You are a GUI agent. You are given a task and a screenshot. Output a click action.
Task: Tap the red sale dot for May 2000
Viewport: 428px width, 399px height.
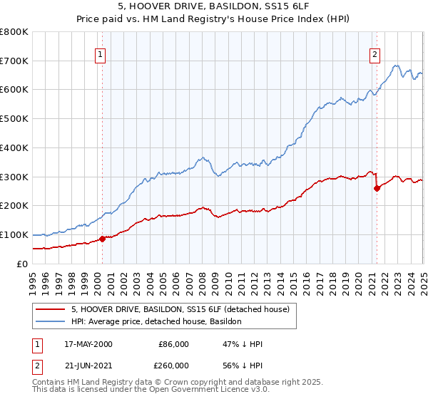click(x=102, y=239)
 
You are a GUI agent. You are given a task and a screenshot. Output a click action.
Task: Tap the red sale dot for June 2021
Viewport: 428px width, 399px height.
click(x=377, y=188)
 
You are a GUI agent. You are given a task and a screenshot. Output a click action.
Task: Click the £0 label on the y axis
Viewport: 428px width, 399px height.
click(x=23, y=264)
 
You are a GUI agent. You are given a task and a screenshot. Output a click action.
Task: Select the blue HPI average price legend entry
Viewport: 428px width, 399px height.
click(x=156, y=321)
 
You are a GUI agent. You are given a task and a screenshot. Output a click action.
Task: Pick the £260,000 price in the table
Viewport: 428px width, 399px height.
click(x=174, y=364)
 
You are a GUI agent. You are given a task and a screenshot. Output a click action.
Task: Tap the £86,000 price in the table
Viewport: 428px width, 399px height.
click(x=174, y=344)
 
